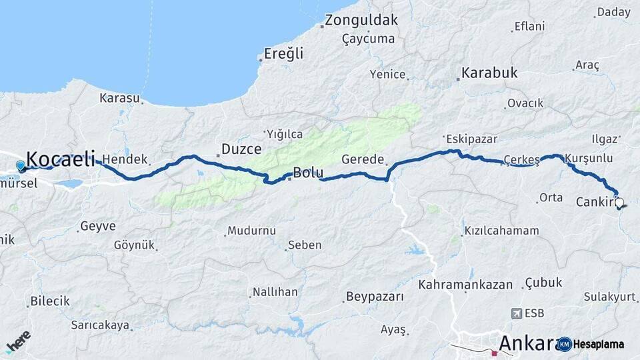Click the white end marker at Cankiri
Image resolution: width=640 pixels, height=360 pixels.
pos(619,202)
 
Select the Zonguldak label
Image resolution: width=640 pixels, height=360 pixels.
pos(362,20)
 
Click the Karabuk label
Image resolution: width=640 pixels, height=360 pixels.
pos(490,73)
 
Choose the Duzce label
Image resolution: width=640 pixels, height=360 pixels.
pos(241,149)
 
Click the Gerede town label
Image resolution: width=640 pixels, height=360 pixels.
pos(363,160)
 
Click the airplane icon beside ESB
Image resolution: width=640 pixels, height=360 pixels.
pos(515,313)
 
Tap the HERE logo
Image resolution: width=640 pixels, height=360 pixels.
pos(18,342)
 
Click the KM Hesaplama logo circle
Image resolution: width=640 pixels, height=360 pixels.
pos(565,344)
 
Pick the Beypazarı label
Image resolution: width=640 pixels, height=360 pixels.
pos(375,297)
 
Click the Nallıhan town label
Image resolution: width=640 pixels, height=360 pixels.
pos(275,292)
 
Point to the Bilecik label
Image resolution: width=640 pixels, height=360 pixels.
pos(50,301)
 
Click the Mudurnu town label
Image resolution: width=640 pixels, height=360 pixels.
pos(251,231)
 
